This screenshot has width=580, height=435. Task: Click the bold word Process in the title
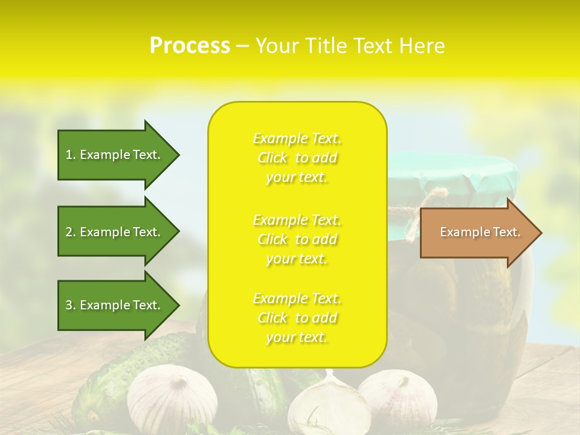pyautogui.click(x=190, y=46)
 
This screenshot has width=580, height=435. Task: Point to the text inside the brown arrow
pyautogui.click(x=480, y=232)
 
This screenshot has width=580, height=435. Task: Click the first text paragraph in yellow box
pyautogui.click(x=297, y=158)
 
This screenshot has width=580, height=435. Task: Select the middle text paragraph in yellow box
pyautogui.click(x=297, y=239)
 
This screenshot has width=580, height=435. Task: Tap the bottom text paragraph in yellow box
pyautogui.click(x=297, y=318)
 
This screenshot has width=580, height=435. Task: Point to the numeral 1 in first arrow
pyautogui.click(x=69, y=155)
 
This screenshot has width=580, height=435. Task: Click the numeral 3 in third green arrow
pyautogui.click(x=69, y=305)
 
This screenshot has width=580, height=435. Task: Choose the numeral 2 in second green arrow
pyautogui.click(x=69, y=232)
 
